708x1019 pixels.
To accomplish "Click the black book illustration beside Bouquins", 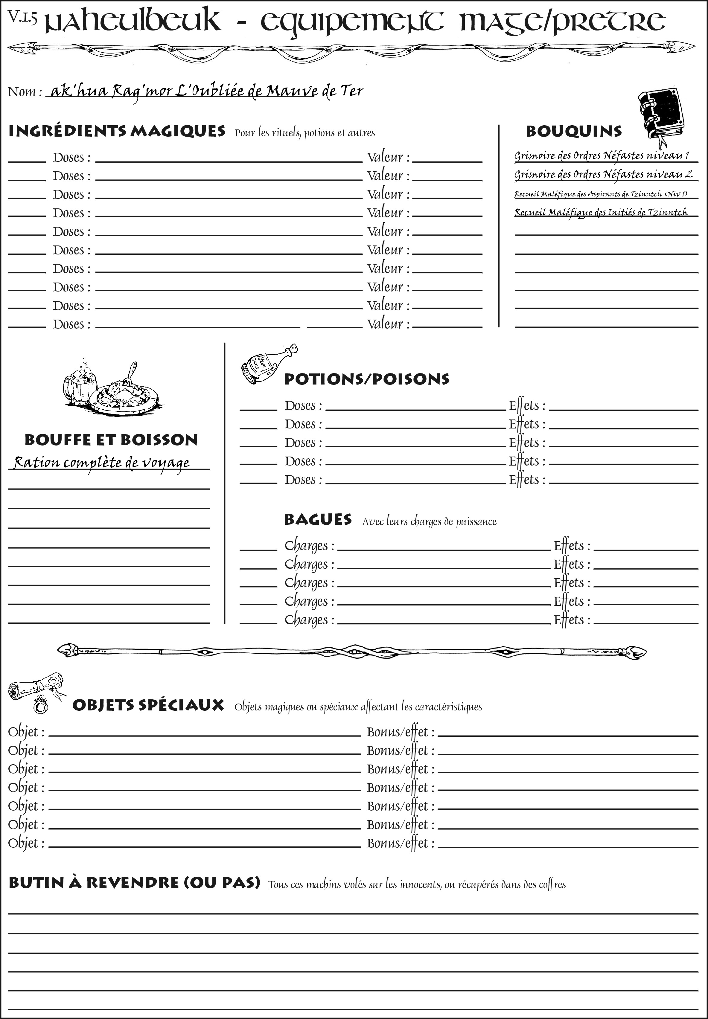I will (661, 115).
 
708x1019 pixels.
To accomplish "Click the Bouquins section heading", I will (574, 131).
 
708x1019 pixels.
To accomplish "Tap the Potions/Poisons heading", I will (366, 379).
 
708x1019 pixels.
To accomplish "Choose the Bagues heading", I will (318, 519).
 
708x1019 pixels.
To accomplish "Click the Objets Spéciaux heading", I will (148, 705).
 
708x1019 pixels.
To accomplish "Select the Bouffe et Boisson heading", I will (111, 440).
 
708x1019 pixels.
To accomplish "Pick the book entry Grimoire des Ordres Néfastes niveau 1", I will (602, 156).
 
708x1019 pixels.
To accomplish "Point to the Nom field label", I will (25, 92).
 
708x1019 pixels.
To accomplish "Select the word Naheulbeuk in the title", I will (133, 21).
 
